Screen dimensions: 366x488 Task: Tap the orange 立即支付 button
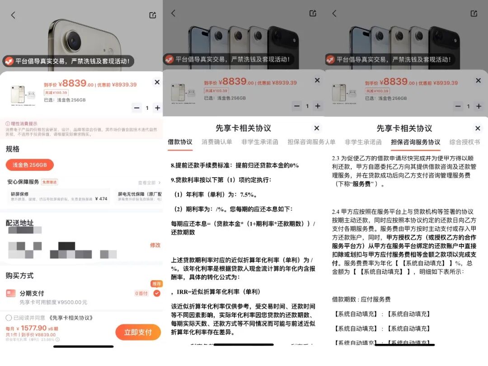tap(138, 332)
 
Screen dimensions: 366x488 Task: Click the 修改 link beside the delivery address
tap(155, 245)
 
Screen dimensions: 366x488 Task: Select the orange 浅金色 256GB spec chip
tap(29, 165)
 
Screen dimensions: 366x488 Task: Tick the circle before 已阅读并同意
tap(9, 318)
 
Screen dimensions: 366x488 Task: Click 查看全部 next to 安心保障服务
tap(147, 183)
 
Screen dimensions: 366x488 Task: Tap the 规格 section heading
tap(13, 149)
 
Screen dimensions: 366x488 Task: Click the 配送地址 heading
tap(19, 223)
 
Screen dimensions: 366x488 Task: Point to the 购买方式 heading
tap(19, 276)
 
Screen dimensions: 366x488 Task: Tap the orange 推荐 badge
tap(156, 284)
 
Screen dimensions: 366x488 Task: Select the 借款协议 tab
tap(180, 142)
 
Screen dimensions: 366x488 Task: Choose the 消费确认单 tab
tap(217, 142)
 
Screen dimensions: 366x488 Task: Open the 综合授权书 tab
tap(465, 142)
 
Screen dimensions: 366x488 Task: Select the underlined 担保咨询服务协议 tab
tap(415, 142)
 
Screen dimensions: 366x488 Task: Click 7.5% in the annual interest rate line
tap(248, 195)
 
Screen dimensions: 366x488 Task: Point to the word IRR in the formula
tap(182, 292)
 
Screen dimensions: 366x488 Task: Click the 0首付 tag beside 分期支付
tap(141, 294)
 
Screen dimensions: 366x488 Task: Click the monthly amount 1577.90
tap(34, 328)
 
